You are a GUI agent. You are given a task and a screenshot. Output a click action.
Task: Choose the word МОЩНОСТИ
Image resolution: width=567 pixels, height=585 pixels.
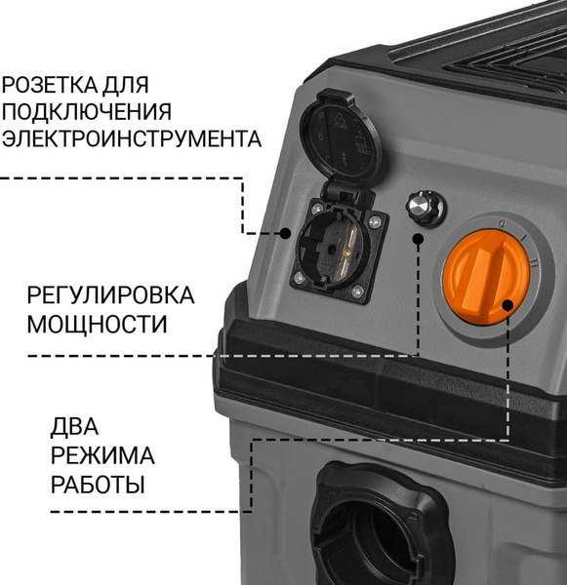97,324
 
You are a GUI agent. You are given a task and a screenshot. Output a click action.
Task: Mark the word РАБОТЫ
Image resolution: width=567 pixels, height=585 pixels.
97,485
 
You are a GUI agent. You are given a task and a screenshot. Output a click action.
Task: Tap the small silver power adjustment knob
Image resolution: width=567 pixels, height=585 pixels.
425,206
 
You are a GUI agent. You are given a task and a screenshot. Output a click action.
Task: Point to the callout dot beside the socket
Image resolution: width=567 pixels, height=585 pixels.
284,233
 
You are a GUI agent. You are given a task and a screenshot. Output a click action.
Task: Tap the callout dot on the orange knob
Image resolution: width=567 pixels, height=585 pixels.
507,308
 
